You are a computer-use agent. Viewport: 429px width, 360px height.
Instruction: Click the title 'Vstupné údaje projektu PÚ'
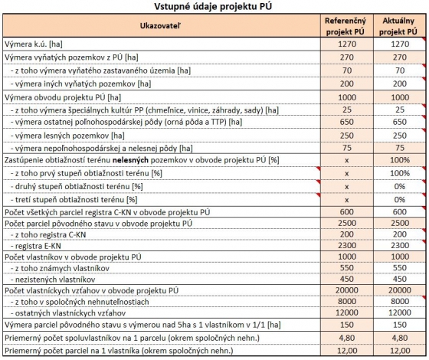213,7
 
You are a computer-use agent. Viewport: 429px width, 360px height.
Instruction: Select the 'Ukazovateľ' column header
160,26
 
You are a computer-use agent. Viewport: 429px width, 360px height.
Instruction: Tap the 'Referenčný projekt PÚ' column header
345,26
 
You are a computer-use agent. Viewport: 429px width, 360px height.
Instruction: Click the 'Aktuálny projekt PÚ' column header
398,26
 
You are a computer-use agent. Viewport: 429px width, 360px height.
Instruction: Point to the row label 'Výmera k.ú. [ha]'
34,44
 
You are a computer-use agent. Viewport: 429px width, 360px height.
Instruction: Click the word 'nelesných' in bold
130,160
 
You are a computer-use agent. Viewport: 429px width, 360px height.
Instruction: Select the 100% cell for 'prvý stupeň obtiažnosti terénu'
400,173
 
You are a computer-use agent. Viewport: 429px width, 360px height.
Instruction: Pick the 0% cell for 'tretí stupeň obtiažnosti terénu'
400,199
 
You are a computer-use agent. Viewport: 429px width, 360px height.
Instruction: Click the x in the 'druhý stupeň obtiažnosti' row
346,187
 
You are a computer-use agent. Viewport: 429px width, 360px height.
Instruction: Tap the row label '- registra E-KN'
35,246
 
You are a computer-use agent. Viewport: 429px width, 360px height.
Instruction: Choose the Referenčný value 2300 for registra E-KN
346,245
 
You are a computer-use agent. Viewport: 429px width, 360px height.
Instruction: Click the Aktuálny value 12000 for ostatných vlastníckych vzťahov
400,313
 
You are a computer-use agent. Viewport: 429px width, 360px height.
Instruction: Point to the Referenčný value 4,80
346,338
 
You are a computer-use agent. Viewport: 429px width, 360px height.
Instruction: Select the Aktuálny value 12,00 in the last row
400,351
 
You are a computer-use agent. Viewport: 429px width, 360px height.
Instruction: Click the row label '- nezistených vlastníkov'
53,280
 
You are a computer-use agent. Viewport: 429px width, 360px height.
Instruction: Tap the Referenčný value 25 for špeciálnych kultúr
346,110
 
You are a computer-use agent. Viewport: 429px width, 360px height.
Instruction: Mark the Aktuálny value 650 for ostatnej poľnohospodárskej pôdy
400,122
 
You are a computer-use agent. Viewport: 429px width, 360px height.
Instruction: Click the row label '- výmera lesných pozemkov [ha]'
67,136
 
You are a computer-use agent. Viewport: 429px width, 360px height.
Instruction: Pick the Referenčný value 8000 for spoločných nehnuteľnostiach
346,302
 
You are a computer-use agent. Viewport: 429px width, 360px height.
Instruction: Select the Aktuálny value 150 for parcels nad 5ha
400,325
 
